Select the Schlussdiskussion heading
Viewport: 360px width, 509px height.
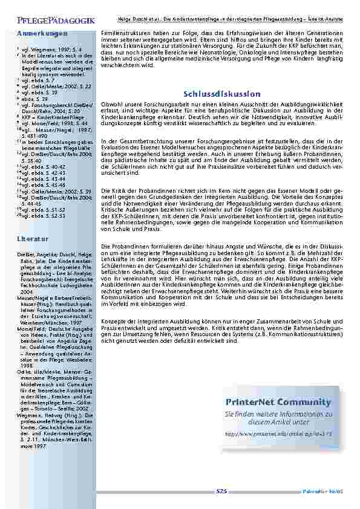[221, 94]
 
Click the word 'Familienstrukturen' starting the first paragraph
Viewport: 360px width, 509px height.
[121, 30]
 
